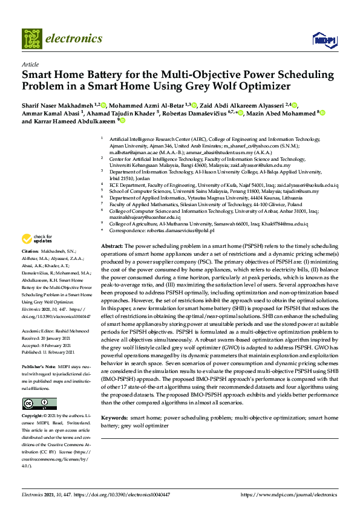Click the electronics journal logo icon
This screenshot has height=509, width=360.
tap(32, 38)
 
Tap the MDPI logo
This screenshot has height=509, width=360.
tap(324, 40)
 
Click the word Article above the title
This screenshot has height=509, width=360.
tap(30, 63)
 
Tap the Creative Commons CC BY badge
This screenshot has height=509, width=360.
tap(31, 386)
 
